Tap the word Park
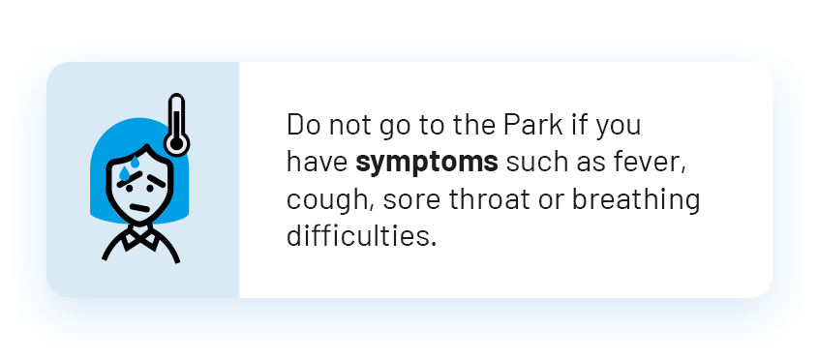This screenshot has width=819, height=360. (532, 125)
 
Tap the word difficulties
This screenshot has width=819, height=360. (361, 236)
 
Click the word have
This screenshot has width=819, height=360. (318, 163)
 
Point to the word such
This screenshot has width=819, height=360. (537, 163)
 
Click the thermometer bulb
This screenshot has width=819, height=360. (176, 142)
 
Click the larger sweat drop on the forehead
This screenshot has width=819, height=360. (124, 173)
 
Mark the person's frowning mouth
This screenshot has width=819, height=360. (139, 207)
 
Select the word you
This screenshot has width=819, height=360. (618, 128)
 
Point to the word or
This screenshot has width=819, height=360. (551, 201)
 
